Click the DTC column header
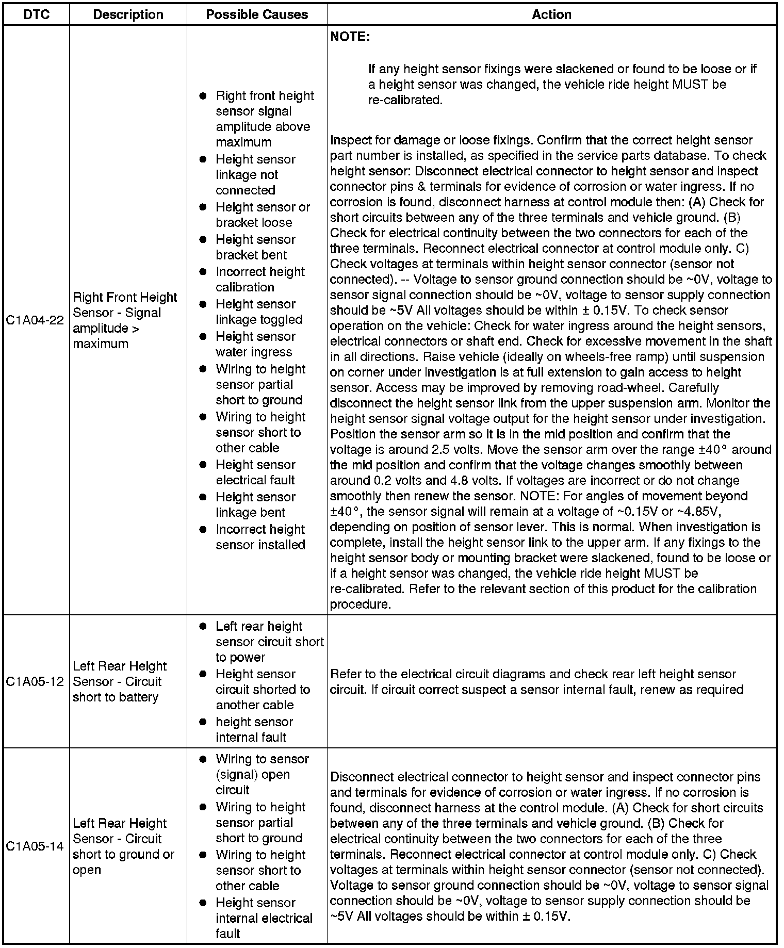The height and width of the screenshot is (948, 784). (37, 14)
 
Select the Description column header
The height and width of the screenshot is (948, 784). (128, 14)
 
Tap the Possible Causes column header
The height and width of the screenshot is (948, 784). (257, 14)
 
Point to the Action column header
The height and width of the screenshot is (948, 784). (551, 14)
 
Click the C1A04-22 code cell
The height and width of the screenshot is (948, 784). (35, 320)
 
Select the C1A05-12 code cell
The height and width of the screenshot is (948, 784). (35, 681)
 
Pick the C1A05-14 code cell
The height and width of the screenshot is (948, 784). (35, 846)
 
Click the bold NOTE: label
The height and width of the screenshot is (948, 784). (350, 37)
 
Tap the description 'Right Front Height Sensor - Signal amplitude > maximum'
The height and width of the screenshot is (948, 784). (125, 320)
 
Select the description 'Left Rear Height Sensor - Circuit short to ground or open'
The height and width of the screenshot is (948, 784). (124, 846)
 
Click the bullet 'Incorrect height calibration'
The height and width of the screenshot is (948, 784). (260, 280)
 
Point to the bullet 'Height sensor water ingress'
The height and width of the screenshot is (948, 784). (255, 344)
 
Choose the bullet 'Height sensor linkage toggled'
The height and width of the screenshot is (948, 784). (258, 312)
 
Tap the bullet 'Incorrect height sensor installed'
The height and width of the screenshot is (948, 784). (260, 537)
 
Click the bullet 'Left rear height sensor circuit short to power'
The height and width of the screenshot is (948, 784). (269, 642)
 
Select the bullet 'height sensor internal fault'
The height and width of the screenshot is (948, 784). (254, 729)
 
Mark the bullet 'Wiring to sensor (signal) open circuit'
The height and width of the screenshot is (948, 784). (262, 774)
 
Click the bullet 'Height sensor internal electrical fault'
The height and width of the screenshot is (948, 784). (264, 918)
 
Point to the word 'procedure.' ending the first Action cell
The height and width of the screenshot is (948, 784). (361, 604)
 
